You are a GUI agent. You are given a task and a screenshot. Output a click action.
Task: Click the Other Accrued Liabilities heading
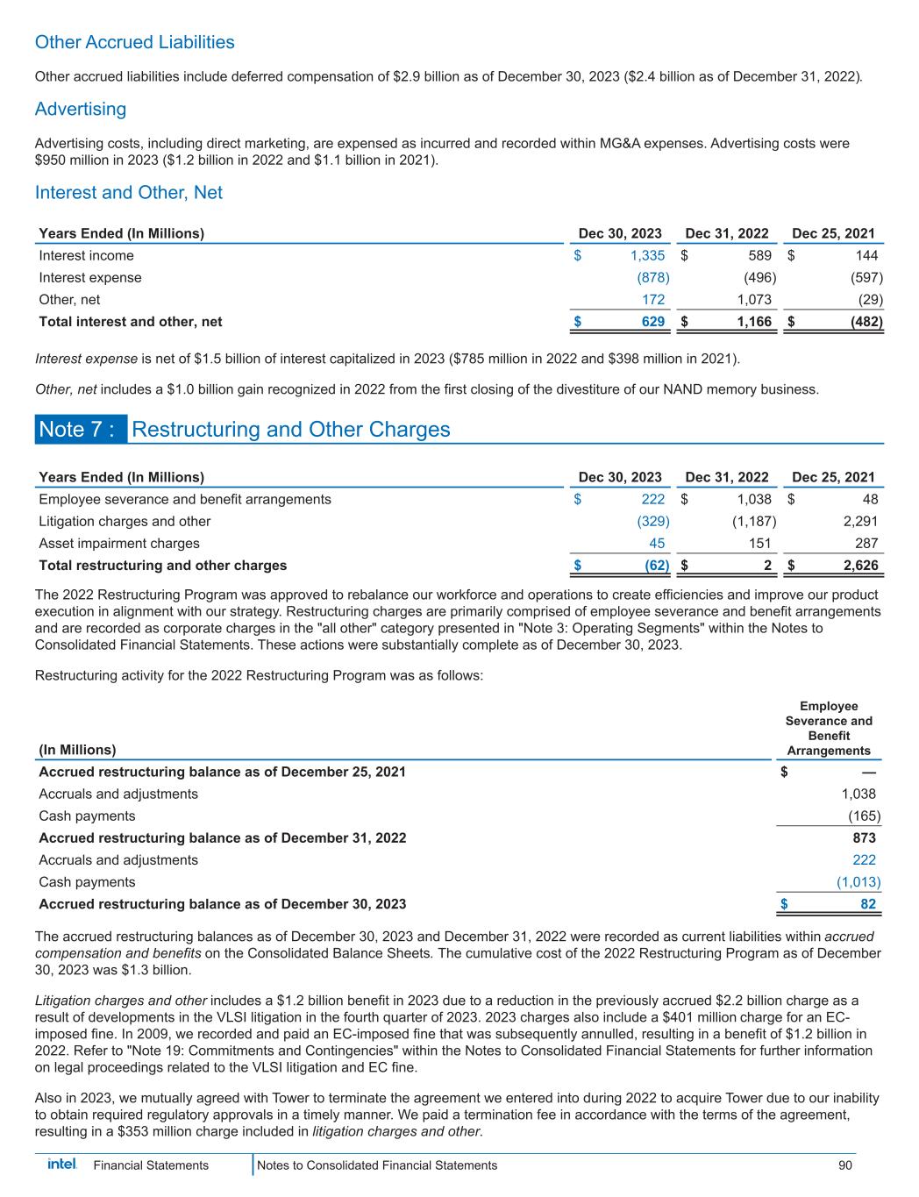[x=134, y=42]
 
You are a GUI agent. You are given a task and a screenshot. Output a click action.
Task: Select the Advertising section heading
[x=80, y=110]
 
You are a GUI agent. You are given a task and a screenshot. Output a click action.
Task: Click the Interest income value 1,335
[x=647, y=256]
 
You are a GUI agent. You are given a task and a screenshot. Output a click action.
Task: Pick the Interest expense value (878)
[x=652, y=278]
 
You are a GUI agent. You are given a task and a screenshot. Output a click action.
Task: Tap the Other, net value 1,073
[x=753, y=300]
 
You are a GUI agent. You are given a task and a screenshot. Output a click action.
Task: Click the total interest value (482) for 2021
[x=865, y=322]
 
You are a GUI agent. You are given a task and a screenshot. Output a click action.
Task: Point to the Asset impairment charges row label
[x=119, y=544]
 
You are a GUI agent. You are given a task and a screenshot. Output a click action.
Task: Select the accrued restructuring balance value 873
[x=863, y=838]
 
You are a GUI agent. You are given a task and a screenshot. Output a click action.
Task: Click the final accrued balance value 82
[x=866, y=904]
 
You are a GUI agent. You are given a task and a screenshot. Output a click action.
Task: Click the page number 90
[x=845, y=1165]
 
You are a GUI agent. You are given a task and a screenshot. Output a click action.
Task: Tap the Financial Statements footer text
[x=151, y=1165]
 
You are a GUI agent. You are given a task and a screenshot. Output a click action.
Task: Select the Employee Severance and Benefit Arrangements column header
[x=829, y=728]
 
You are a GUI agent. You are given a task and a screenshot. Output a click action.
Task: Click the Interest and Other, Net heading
[x=128, y=193]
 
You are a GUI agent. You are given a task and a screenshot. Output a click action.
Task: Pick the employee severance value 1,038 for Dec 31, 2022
[x=753, y=500]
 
